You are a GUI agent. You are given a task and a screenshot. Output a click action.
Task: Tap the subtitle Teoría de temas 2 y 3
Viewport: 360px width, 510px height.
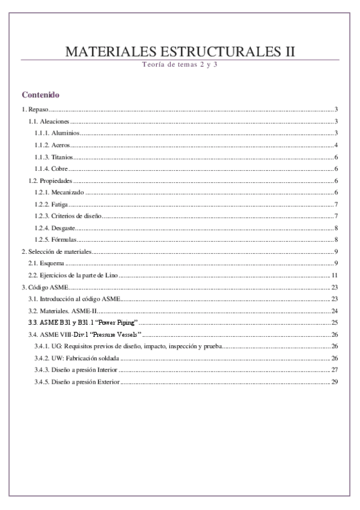tap(180, 64)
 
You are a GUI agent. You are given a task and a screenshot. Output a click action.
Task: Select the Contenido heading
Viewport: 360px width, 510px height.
tap(40, 95)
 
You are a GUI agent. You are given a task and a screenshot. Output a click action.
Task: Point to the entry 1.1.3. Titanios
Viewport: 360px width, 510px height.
tap(53, 157)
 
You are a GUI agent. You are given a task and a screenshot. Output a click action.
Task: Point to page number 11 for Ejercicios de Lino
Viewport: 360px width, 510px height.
tap(335, 275)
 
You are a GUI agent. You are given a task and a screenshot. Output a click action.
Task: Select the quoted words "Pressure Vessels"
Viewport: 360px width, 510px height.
tap(123, 334)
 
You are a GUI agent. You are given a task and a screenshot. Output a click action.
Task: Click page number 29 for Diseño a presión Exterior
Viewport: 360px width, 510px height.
tap(335, 381)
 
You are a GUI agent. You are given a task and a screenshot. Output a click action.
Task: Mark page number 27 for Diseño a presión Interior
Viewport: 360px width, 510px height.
tap(335, 370)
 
